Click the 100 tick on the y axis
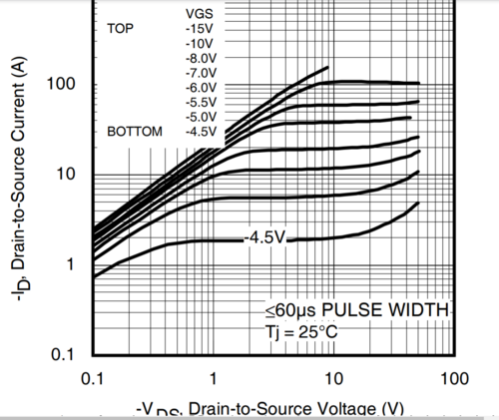pyautogui.click(x=62, y=84)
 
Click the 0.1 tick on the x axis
pyautogui.click(x=93, y=379)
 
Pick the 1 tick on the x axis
pyautogui.click(x=214, y=379)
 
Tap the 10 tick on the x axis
pyautogui.click(x=334, y=379)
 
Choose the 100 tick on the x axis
pyautogui.click(x=454, y=379)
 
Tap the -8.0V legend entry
pyautogui.click(x=201, y=59)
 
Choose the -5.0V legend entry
pyautogui.click(x=201, y=117)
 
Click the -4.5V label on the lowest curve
pyautogui.click(x=265, y=237)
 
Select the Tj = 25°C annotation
pyautogui.click(x=301, y=330)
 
